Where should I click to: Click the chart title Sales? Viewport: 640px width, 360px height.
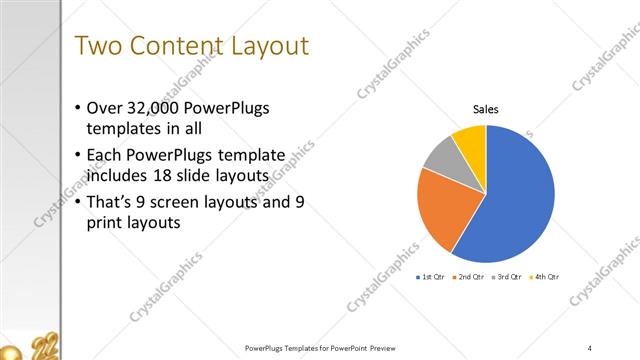[x=486, y=110]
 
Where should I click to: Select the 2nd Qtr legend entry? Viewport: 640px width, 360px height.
[x=469, y=276]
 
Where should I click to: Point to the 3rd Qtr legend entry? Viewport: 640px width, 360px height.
[x=508, y=276]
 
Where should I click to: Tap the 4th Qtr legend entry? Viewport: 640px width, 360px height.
[x=545, y=276]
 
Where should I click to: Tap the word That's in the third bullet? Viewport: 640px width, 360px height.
[x=114, y=203]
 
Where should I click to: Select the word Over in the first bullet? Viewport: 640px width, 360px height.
[x=108, y=107]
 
